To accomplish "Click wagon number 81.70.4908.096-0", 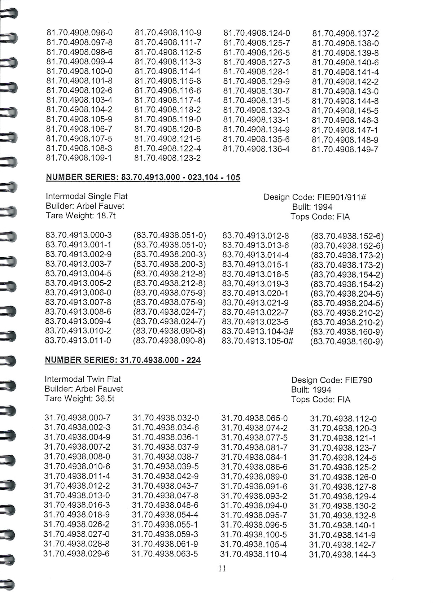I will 79,32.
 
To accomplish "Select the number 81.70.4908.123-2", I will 167,158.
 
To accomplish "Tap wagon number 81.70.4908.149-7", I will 345,149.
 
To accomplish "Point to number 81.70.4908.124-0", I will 257,33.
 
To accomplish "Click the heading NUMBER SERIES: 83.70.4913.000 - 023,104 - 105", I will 143,177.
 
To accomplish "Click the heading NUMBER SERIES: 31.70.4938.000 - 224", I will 123,360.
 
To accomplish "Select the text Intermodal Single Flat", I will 87,196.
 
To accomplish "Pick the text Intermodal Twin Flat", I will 83,379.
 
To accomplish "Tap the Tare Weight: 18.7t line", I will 81,216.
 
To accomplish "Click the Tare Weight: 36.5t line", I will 79,399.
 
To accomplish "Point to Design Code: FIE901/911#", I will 315,197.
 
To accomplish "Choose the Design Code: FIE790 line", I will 332,380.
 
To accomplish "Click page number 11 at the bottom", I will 222,569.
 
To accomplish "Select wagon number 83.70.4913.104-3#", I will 258,331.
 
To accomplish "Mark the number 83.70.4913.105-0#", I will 258,341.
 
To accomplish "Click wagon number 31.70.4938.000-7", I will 78,418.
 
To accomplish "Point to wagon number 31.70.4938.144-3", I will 342,555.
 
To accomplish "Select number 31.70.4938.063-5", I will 165,554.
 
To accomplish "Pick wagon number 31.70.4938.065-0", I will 254,419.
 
